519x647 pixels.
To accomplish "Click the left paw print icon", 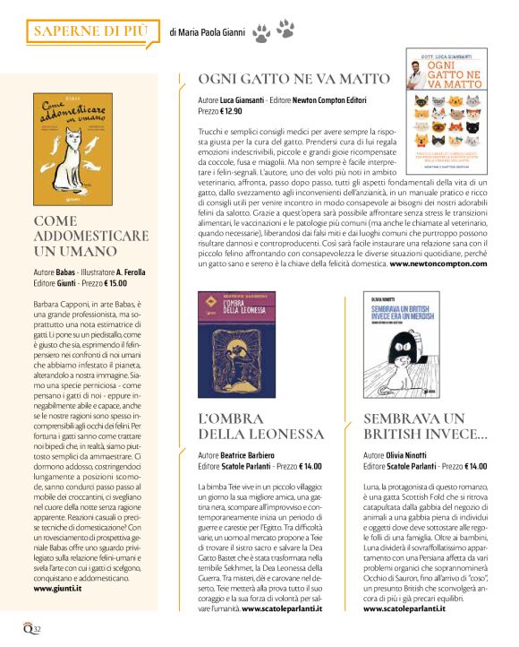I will point(261,34).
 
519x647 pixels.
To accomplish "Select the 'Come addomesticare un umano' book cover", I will point(81,148).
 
